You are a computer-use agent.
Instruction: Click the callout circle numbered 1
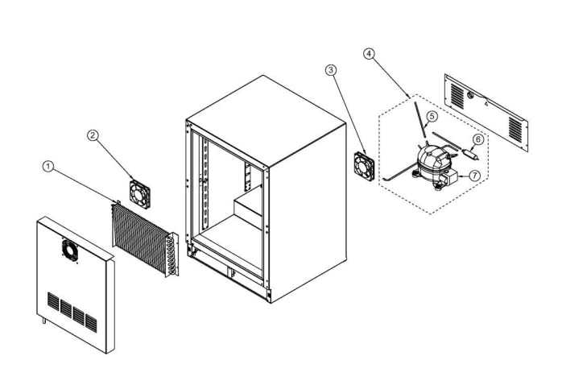click(x=48, y=167)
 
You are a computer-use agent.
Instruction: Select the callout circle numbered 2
click(x=93, y=136)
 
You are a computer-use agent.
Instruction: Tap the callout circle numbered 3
click(x=331, y=70)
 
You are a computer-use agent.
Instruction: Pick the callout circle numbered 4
click(x=369, y=54)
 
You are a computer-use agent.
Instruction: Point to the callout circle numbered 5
click(x=432, y=116)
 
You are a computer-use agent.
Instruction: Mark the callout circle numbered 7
click(x=474, y=174)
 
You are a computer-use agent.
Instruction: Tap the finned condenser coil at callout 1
click(x=143, y=236)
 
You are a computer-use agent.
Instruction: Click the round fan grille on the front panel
click(x=69, y=251)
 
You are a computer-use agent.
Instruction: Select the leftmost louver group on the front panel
click(x=53, y=304)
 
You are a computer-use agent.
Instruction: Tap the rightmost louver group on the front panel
click(x=91, y=322)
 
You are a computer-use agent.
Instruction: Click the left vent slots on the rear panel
click(x=457, y=97)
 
